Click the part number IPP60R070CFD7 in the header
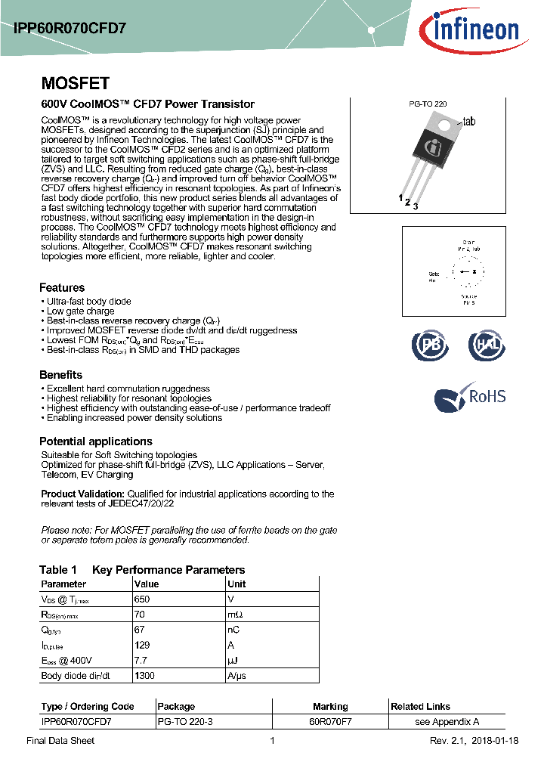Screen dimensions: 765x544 coord(70,27)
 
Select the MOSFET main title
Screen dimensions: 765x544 coord(75,83)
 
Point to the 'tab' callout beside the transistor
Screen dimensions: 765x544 coord(468,122)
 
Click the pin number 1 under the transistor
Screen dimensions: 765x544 coord(400,198)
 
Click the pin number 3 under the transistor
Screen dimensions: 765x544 coord(416,206)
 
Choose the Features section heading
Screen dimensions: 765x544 coord(62,287)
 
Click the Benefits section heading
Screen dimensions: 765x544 coord(60,375)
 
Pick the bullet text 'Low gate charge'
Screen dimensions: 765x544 coord(80,311)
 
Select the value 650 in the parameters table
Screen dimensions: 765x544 coord(142,599)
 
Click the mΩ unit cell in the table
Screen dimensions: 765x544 coord(235,615)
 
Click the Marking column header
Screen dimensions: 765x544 coord(330,707)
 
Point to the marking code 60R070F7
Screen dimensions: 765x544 coord(330,722)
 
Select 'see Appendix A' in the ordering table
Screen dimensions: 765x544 coord(447,722)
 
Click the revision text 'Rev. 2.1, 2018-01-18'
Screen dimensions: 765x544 coord(474,741)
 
